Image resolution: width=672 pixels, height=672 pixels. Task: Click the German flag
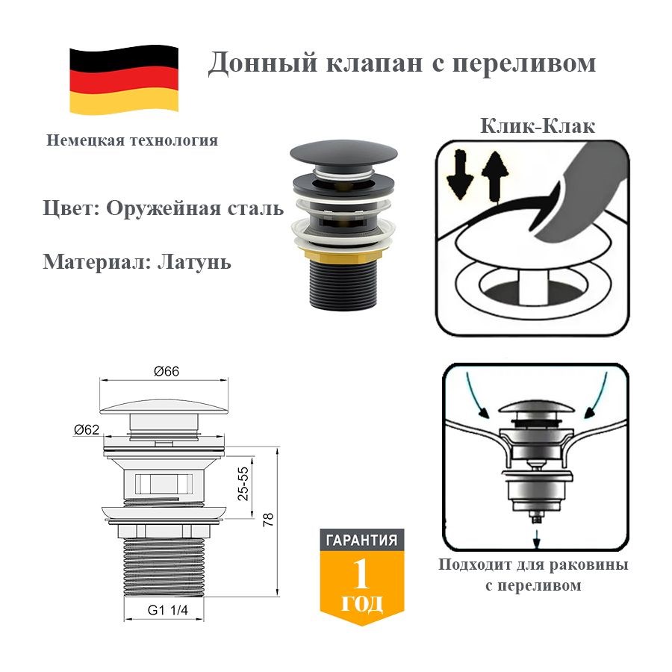(124, 80)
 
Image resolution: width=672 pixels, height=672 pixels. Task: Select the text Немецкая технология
(132, 140)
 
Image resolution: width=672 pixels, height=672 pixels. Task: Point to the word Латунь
(195, 261)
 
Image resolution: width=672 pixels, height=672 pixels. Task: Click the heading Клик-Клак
(538, 126)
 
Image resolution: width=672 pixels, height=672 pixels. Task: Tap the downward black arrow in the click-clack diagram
(459, 175)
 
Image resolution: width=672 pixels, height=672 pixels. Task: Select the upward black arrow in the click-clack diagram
(495, 176)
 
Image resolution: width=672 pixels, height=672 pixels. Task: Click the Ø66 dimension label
(167, 371)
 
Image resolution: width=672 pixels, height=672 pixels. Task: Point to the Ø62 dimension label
(87, 429)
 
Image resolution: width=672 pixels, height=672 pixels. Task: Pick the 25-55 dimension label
(243, 484)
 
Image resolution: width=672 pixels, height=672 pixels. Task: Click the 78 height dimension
(268, 520)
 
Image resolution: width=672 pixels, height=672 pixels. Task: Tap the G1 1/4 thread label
(167, 610)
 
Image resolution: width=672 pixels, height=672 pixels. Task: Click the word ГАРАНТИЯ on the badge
(361, 540)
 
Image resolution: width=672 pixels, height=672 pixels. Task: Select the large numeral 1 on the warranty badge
(361, 575)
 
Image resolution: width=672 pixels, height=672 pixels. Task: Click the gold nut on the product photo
(343, 254)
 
